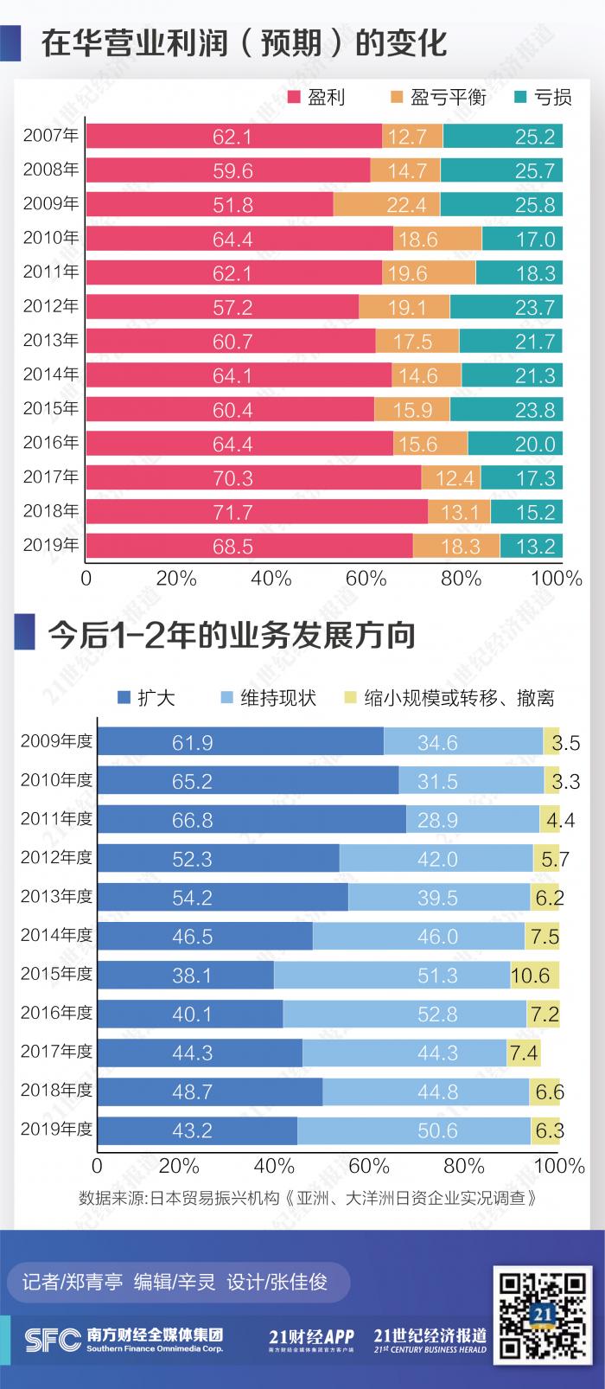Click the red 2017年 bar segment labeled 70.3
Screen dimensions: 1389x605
[253, 477]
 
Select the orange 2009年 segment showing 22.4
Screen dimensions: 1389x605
[386, 204]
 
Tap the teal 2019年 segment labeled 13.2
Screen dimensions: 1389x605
[531, 547]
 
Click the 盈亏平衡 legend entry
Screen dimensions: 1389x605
[438, 97]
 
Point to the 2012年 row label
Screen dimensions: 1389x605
[51, 306]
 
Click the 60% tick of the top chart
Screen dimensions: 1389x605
[366, 578]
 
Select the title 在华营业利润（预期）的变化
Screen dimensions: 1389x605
[244, 42]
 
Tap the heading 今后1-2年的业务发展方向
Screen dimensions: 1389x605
[232, 635]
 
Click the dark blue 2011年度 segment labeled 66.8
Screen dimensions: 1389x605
[252, 819]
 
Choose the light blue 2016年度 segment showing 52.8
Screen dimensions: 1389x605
[404, 1014]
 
